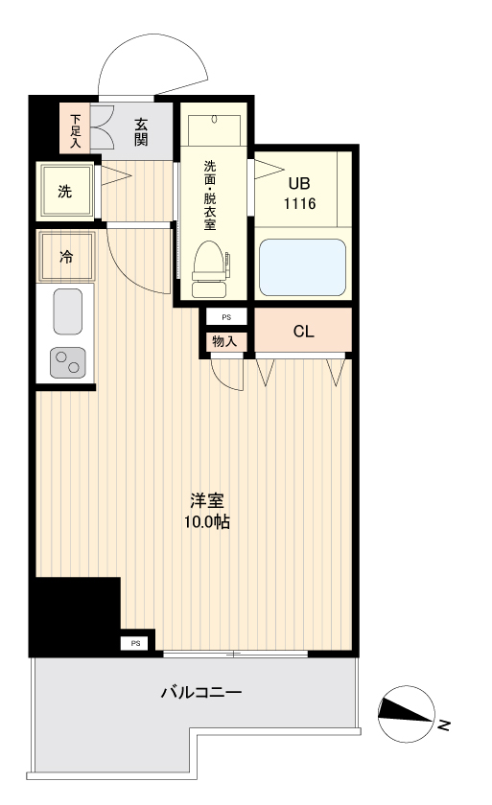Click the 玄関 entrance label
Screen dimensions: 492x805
[x=141, y=132]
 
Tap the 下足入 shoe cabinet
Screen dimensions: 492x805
[x=75, y=128]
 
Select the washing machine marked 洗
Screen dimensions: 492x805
[x=64, y=192]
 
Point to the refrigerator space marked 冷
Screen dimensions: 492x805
[x=67, y=257]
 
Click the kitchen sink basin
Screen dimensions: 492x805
[x=68, y=311]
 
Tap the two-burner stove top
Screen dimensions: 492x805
[x=68, y=362]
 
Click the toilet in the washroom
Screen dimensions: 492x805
[x=209, y=269]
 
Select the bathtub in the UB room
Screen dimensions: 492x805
[x=302, y=267]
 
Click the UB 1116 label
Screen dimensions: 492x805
[x=300, y=194]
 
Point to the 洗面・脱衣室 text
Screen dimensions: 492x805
[x=210, y=195]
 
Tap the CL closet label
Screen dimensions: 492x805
[x=303, y=332]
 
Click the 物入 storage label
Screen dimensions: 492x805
[x=224, y=341]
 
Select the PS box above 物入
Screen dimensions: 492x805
[x=226, y=317]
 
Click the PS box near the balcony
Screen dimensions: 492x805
[x=135, y=643]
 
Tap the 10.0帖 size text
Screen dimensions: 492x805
[x=207, y=522]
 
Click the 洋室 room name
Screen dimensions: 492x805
[x=207, y=500]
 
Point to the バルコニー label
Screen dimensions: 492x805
[x=201, y=693]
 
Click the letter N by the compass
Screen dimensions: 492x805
[x=445, y=724]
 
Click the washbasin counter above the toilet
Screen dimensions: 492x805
[x=214, y=130]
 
